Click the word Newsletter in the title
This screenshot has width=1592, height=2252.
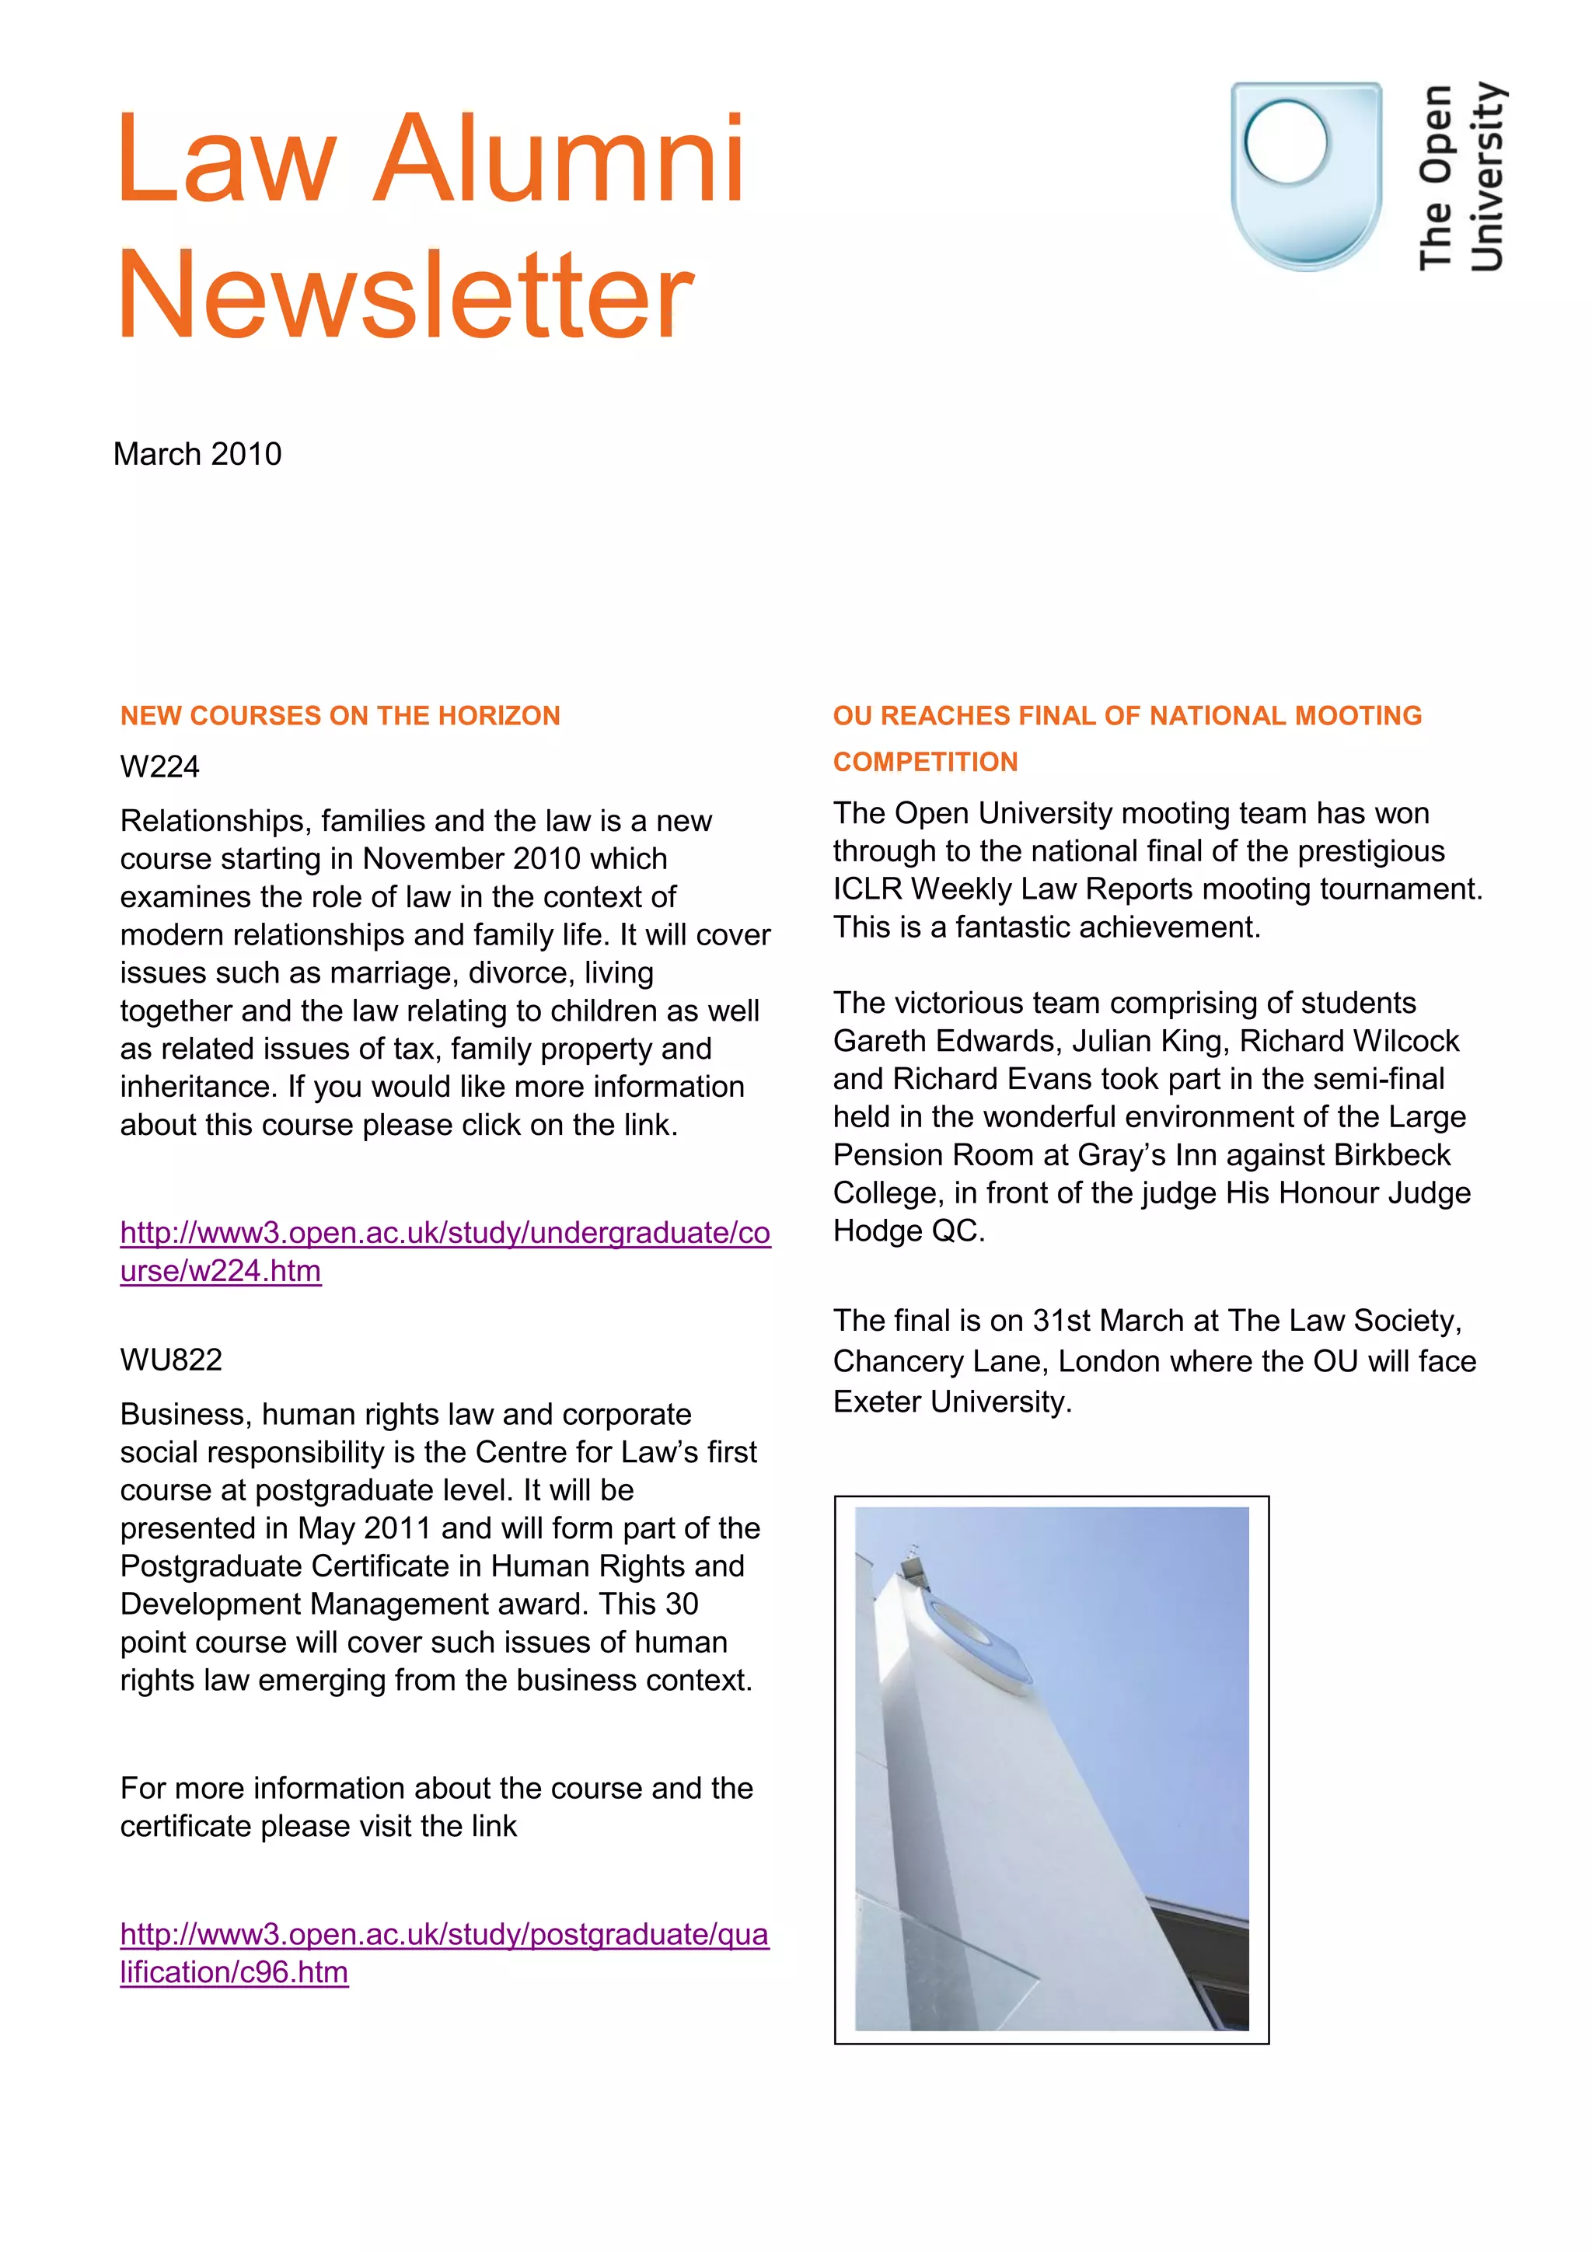pos(405,295)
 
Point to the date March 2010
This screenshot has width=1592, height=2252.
pos(197,454)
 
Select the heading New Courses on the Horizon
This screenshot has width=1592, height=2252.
pos(340,716)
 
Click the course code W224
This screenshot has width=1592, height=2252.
pos(159,767)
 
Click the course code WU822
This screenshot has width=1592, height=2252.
pos(171,1360)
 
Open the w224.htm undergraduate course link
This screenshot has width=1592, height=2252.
pos(445,1233)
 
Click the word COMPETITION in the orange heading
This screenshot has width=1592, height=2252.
pos(925,762)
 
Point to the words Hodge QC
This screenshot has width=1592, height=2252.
pos(907,1231)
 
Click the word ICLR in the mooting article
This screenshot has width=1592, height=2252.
pos(867,889)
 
